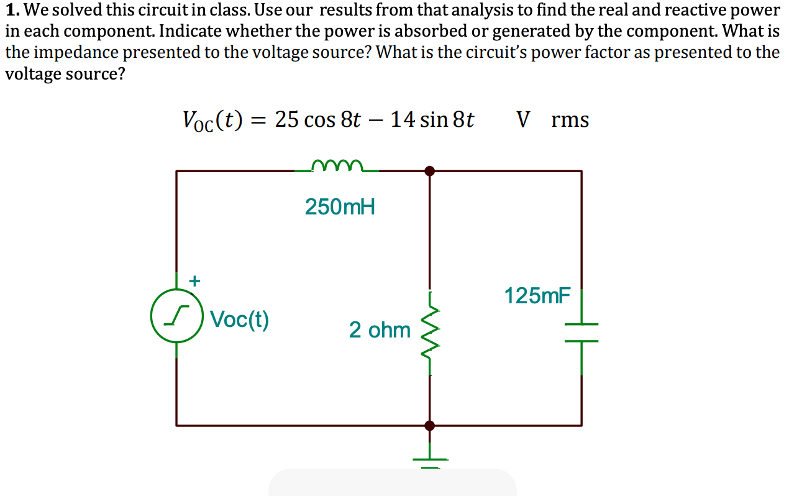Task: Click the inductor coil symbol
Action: click(336, 165)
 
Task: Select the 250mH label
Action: click(340, 206)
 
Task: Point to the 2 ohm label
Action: click(380, 329)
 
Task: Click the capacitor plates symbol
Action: click(581, 333)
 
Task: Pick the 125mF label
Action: click(537, 296)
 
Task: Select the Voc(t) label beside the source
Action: click(239, 319)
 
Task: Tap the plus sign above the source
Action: click(194, 281)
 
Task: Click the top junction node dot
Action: click(429, 171)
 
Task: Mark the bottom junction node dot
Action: click(429, 426)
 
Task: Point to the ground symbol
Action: click(429, 460)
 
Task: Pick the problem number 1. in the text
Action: click(11, 11)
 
